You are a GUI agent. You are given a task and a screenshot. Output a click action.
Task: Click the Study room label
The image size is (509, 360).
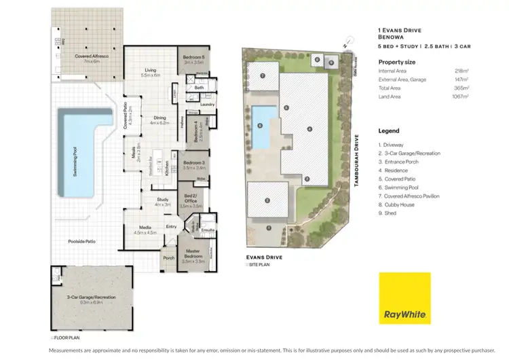pyautogui.click(x=162, y=202)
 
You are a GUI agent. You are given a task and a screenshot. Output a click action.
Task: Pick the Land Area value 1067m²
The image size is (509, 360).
pyautogui.click(x=460, y=97)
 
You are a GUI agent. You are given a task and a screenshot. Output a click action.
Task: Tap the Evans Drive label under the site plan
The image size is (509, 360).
pyautogui.click(x=263, y=257)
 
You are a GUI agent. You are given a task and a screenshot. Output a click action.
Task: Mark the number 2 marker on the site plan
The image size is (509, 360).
pyautogui.click(x=267, y=200)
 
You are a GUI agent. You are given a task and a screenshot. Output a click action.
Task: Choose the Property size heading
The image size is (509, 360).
pyautogui.click(x=396, y=62)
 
